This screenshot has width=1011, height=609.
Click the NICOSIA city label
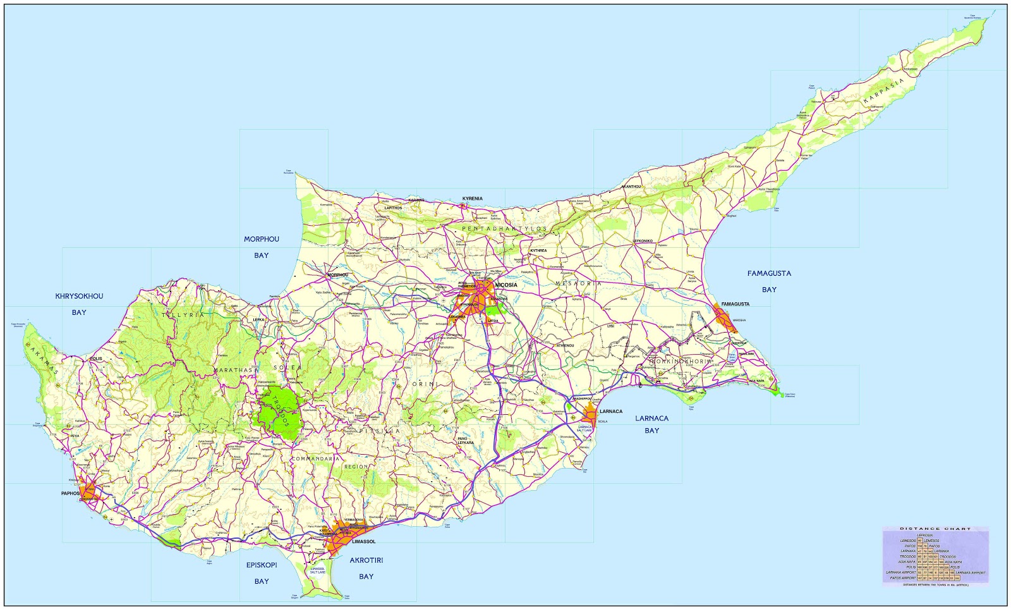[506, 285]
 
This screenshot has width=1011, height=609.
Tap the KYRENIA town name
[472, 199]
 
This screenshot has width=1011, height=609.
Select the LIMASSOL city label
[364, 541]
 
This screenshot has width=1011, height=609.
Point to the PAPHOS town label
[70, 493]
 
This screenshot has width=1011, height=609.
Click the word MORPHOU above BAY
[262, 239]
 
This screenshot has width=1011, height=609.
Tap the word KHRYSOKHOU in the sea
[79, 296]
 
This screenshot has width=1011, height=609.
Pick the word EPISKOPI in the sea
[262, 565]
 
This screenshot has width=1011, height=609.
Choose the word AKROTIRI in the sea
[366, 560]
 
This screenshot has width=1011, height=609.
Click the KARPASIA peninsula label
[884, 91]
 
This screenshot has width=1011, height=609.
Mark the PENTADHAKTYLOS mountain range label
[504, 228]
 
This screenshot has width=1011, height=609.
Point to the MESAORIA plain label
[579, 283]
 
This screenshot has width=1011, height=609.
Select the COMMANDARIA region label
[315, 458]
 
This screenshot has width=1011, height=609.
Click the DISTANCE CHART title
[935, 529]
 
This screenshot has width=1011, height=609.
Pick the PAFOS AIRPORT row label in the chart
[903, 578]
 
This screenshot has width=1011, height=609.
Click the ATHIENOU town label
[565, 345]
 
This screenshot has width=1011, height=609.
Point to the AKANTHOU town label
[631, 187]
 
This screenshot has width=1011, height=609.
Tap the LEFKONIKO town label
[643, 241]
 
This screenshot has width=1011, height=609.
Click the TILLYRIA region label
[183, 314]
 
